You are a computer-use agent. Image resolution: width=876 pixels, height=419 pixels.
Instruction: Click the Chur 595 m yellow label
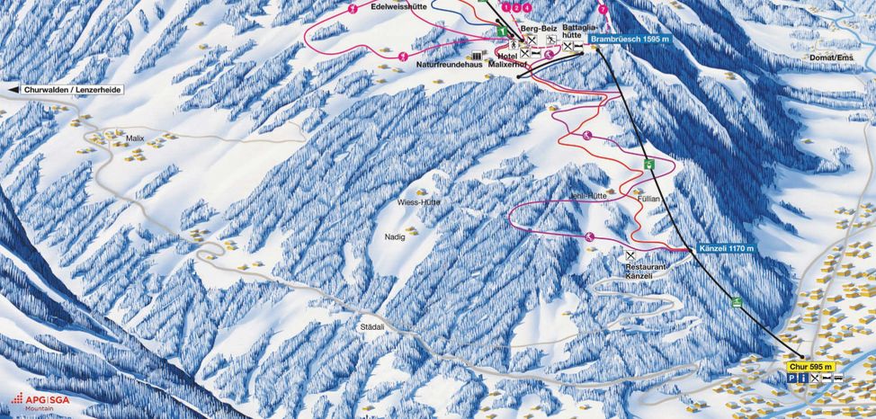tap(812, 367)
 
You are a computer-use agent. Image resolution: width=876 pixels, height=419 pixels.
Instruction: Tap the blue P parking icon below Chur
tap(792, 379)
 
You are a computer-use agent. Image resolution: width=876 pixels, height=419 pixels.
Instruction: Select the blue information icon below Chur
tap(803, 379)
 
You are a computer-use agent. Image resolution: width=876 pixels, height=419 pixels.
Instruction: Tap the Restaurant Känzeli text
tap(647, 272)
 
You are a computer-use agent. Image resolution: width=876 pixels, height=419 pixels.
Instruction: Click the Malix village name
tap(136, 138)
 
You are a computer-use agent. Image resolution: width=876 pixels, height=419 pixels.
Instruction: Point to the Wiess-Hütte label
tap(418, 203)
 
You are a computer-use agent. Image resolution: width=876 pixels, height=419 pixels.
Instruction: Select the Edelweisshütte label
tap(396, 6)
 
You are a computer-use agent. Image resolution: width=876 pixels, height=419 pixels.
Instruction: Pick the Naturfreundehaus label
tap(449, 65)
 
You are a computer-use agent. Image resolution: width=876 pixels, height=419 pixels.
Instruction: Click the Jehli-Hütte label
tap(589, 195)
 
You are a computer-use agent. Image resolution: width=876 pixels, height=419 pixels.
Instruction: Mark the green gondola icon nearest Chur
tap(737, 301)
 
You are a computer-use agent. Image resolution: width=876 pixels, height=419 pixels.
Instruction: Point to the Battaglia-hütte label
tap(577, 32)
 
